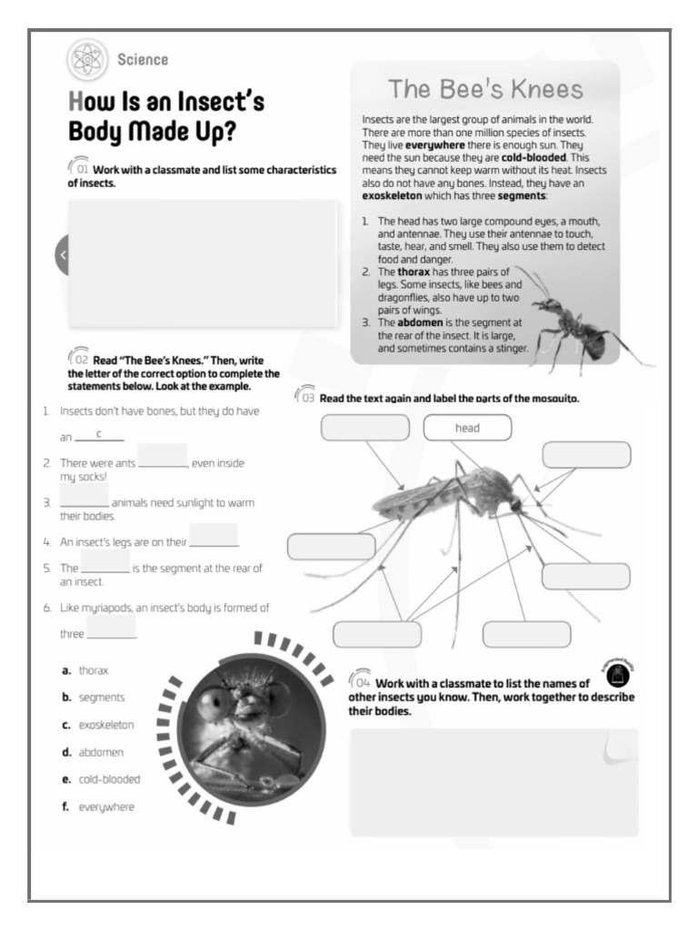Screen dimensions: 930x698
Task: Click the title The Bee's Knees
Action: (x=485, y=89)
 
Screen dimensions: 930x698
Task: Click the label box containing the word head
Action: (x=467, y=428)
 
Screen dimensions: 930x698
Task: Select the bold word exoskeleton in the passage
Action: (x=399, y=196)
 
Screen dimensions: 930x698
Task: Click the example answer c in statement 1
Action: (x=98, y=434)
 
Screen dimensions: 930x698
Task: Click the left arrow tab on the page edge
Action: (x=62, y=255)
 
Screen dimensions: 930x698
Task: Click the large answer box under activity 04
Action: (x=494, y=781)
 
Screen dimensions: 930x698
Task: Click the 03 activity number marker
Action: (x=306, y=398)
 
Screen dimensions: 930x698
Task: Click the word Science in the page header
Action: (x=143, y=60)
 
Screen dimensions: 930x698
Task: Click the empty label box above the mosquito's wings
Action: (x=364, y=428)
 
